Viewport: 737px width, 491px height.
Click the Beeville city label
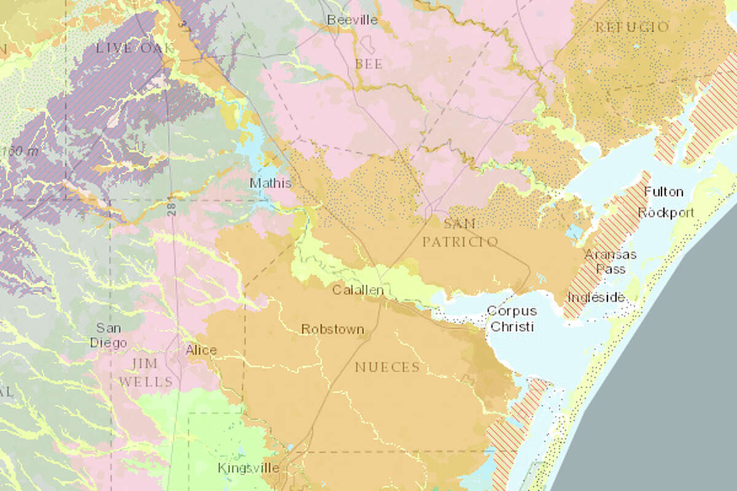pyautogui.click(x=352, y=20)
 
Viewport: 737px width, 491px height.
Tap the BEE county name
pyautogui.click(x=368, y=64)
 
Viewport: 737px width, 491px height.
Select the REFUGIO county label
pyautogui.click(x=632, y=27)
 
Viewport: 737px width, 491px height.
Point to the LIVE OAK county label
pyautogui.click(x=131, y=48)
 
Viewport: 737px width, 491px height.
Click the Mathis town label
pyautogui.click(x=270, y=183)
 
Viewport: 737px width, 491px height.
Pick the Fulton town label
pyautogui.click(x=663, y=192)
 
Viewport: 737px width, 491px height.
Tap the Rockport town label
pyautogui.click(x=666, y=213)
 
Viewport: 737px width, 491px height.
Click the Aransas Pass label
pyautogui.click(x=610, y=261)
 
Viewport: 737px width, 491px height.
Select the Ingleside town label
pyautogui.click(x=596, y=298)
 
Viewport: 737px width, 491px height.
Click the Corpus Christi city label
pyautogui.click(x=511, y=319)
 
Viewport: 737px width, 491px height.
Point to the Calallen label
pyautogui.click(x=358, y=290)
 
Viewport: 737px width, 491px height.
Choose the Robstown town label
pyautogui.click(x=332, y=330)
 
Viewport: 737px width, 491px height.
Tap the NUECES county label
pyautogui.click(x=387, y=367)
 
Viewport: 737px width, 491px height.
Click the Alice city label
pyautogui.click(x=201, y=350)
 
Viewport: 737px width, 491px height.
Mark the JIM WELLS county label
pyautogui.click(x=146, y=373)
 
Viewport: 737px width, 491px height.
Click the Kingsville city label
pyautogui.click(x=248, y=468)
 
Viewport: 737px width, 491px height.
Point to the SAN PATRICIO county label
pyautogui.click(x=460, y=233)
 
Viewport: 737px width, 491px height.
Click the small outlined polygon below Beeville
pyautogui.click(x=370, y=45)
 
